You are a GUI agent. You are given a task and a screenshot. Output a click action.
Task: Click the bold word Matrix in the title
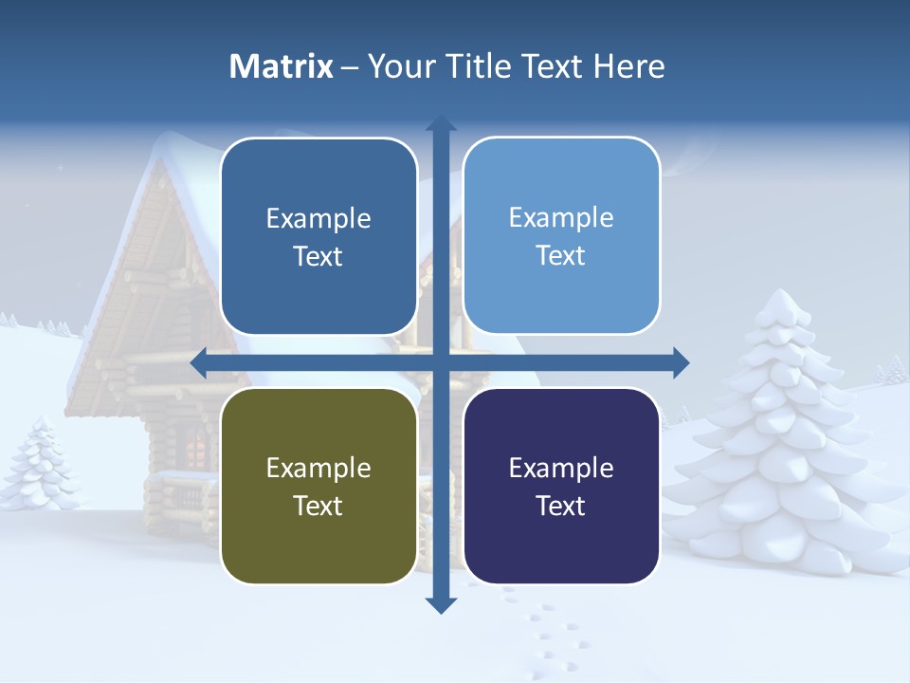pyautogui.click(x=282, y=66)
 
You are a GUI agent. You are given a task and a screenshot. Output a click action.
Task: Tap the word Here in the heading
pyautogui.click(x=628, y=66)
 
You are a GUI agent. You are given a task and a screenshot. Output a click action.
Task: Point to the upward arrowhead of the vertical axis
pyautogui.click(x=441, y=123)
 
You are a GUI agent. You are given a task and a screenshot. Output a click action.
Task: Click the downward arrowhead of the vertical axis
pyautogui.click(x=441, y=604)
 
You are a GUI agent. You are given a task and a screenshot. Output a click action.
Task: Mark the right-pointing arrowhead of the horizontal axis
pyautogui.click(x=681, y=362)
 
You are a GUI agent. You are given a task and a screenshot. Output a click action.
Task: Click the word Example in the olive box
pyautogui.click(x=318, y=468)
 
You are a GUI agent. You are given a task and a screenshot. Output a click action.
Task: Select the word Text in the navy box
pyautogui.click(x=561, y=506)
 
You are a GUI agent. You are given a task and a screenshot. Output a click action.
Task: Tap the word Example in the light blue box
pyautogui.click(x=561, y=217)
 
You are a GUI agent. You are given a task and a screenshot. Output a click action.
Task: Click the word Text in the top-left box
pyautogui.click(x=318, y=256)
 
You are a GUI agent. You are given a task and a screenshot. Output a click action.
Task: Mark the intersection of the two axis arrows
pyautogui.click(x=441, y=362)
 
